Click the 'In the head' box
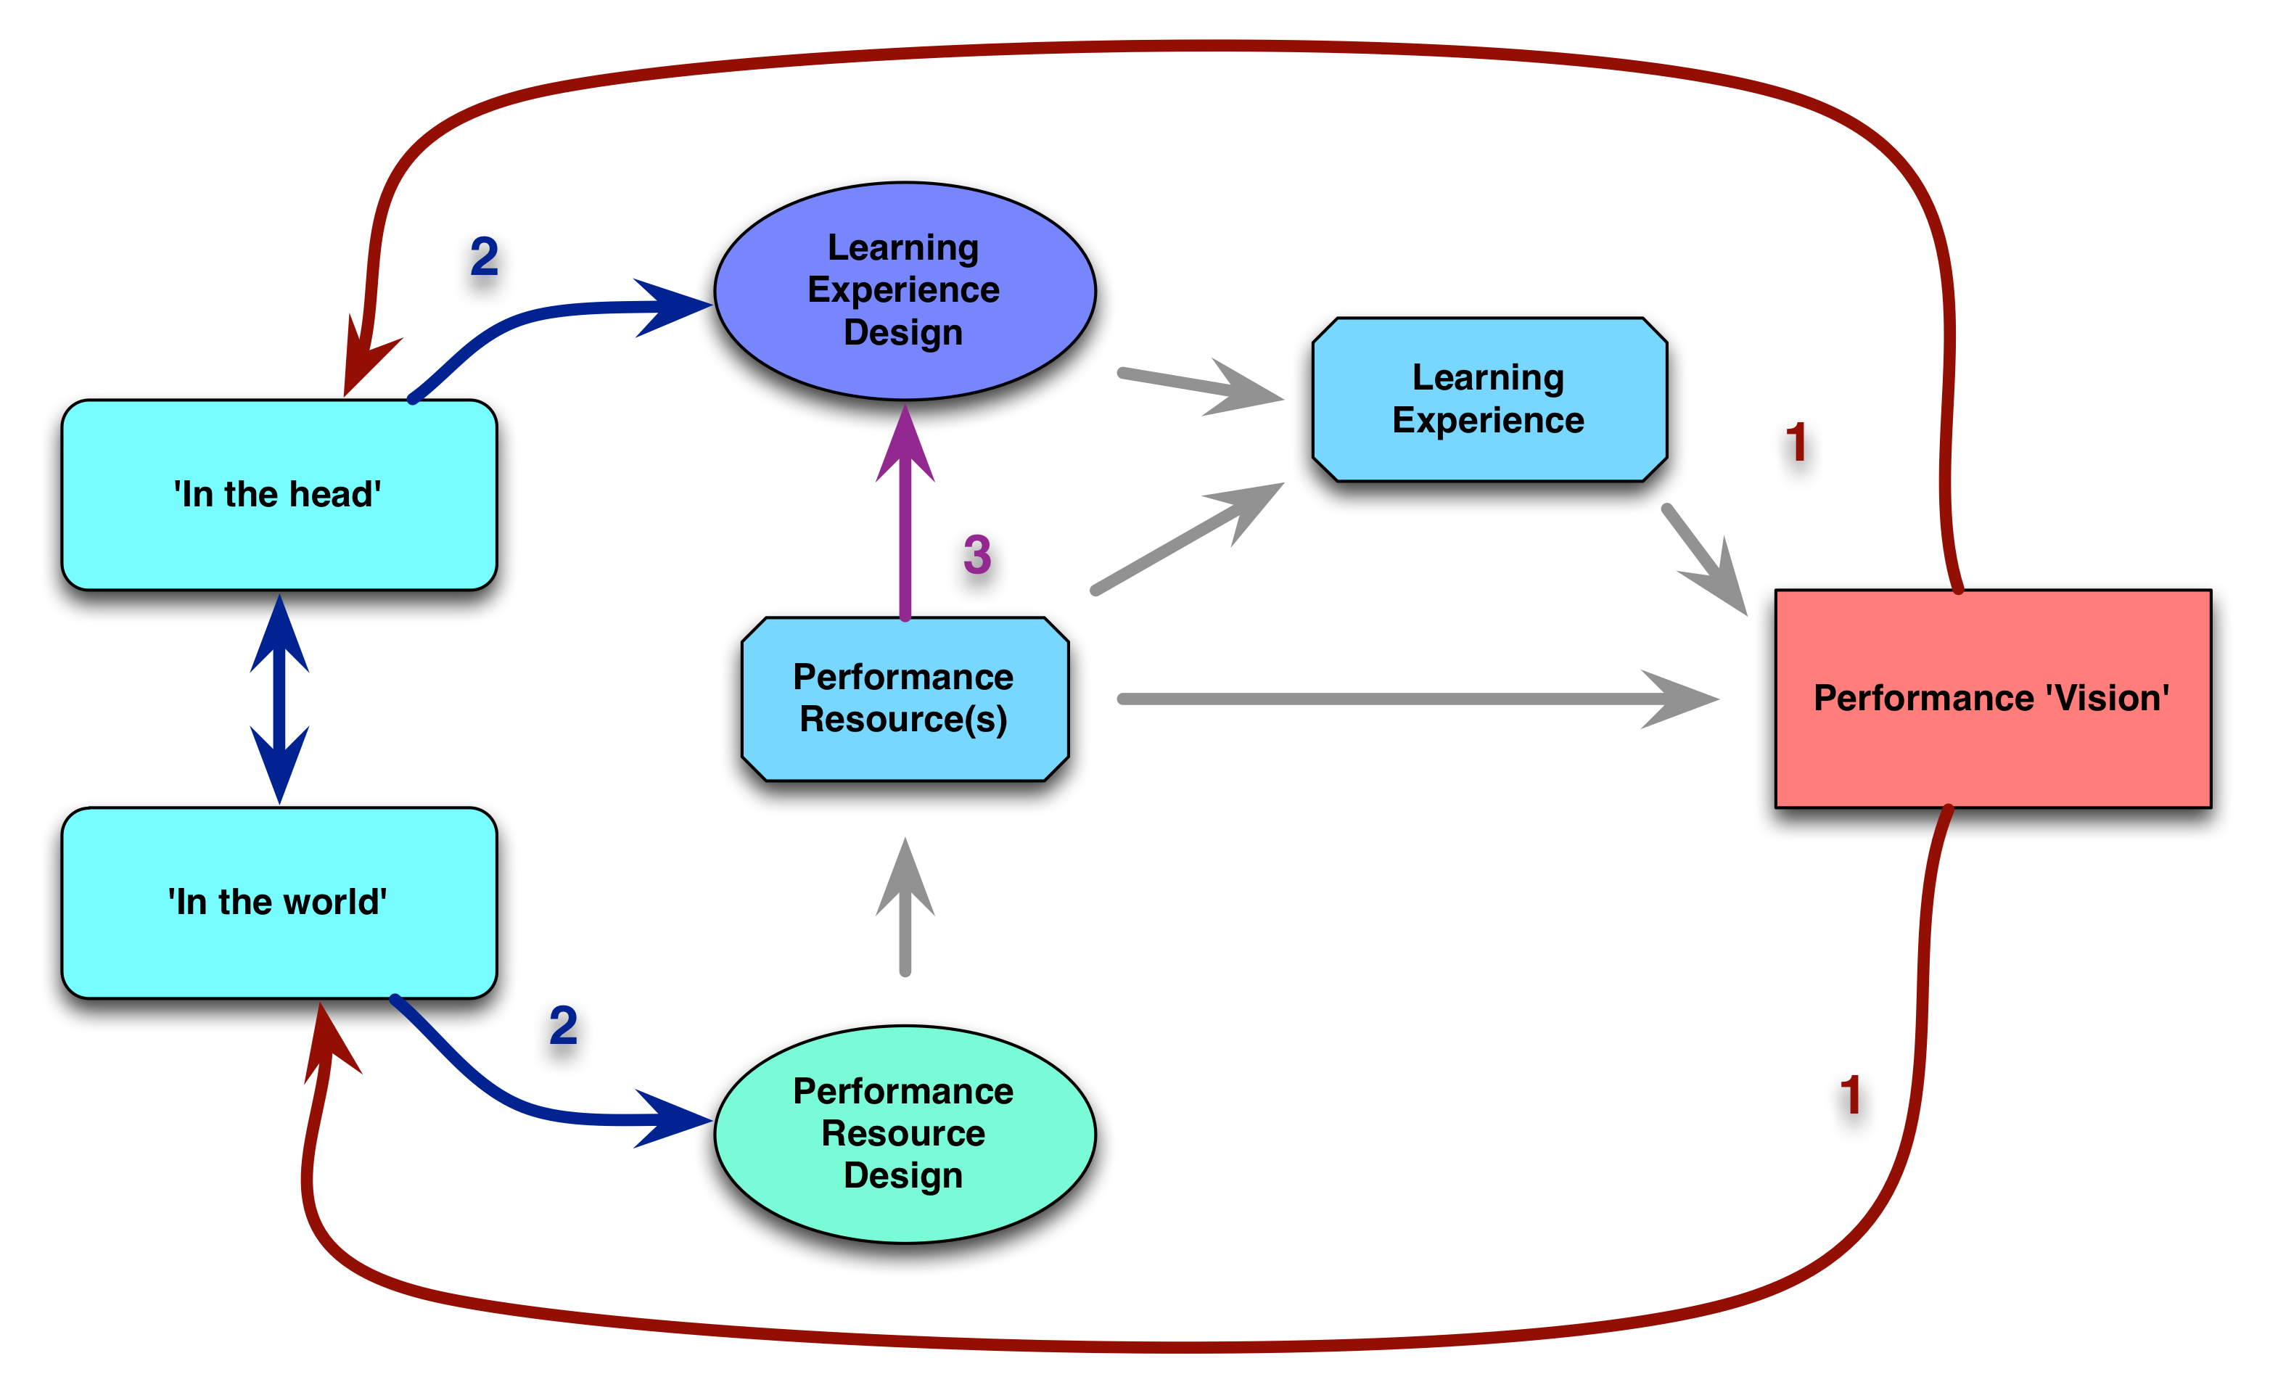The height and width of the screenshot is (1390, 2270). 279,495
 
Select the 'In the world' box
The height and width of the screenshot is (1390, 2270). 279,902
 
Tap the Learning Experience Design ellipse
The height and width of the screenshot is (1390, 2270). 905,290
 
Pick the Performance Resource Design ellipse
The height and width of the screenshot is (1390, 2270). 905,1134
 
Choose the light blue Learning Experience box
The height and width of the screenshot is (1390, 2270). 1489,399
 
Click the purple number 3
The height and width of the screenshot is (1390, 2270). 977,554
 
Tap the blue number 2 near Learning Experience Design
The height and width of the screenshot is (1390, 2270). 485,256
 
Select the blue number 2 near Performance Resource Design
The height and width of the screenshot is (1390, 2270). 564,1025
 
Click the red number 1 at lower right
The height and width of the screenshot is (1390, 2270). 1850,1095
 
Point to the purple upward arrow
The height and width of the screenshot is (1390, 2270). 905,525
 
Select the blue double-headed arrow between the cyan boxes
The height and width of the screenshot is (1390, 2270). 279,698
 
